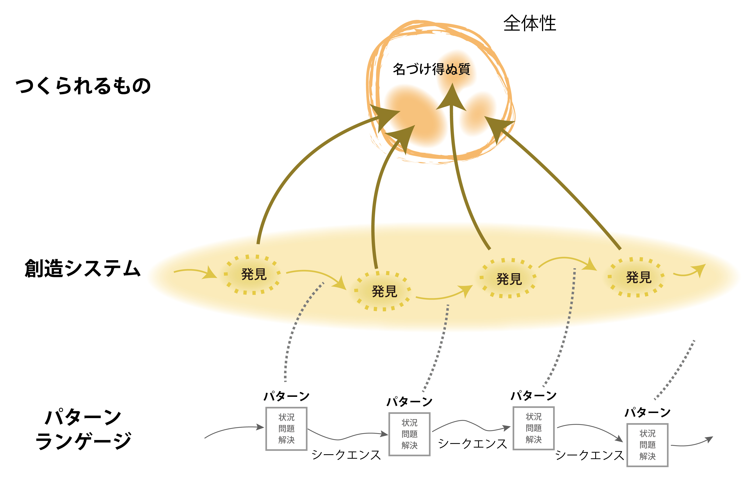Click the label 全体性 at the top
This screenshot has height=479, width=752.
coord(530,23)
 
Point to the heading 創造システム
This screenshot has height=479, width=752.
coord(83,269)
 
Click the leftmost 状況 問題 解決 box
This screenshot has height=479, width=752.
coord(286,428)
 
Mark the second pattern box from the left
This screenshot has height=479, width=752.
coord(409,434)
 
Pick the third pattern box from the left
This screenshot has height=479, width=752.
coord(534,428)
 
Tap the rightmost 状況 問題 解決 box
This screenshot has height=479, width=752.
coord(647,445)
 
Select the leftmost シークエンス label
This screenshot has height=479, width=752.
coord(346,455)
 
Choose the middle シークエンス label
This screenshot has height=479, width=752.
coord(473,444)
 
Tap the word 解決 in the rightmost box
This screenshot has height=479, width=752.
coord(647,456)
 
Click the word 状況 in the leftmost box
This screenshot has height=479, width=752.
coord(286,417)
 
